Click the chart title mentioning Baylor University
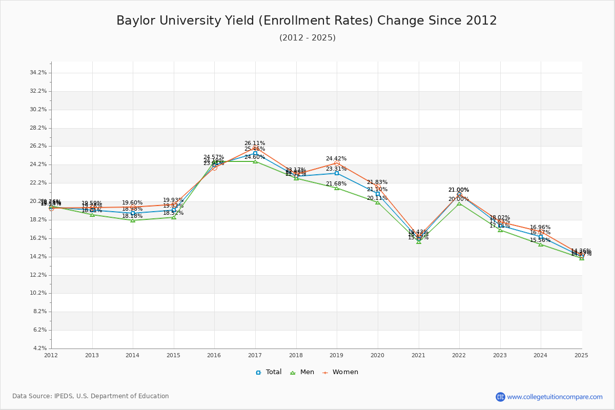306,21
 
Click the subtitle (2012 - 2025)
307,38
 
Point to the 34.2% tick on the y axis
38,73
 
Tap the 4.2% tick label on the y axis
39,348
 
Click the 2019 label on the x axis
336,355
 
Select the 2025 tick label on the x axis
581,355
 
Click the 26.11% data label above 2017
255,143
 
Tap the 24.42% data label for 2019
336,159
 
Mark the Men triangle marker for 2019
337,188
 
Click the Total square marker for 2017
255,154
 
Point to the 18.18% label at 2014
132,216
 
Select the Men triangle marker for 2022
459,203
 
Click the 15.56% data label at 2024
540,240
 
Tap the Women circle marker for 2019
337,163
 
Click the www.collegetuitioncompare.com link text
555,397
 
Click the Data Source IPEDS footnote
91,396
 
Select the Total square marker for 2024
541,237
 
